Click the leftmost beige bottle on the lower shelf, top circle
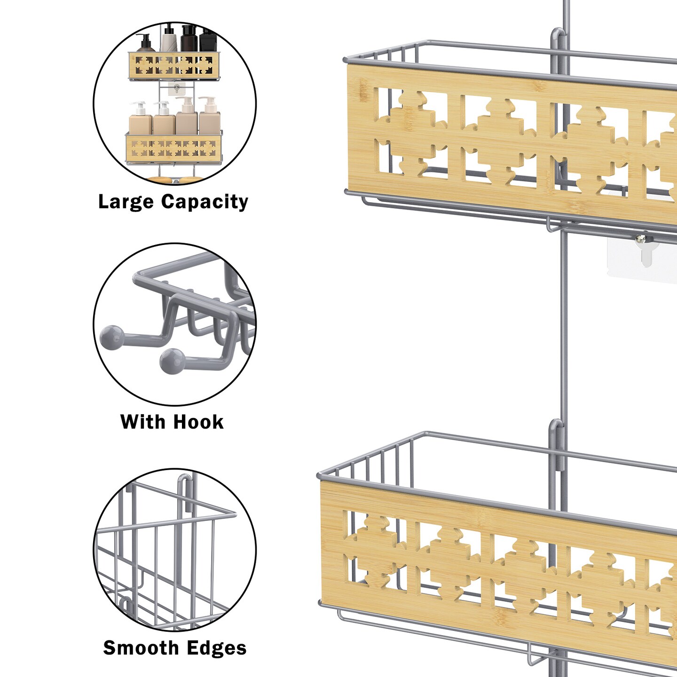click(140, 120)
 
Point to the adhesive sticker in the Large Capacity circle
click(176, 89)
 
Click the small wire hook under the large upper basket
click(551, 225)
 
